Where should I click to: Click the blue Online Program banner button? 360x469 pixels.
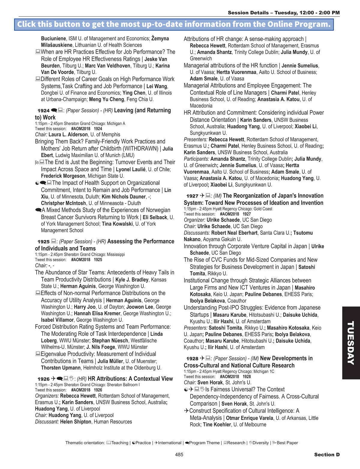[174, 24]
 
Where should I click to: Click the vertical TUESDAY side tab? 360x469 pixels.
[351, 342]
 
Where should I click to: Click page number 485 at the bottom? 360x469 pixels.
[179, 455]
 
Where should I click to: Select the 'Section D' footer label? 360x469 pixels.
[327, 455]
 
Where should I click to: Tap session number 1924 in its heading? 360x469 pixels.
[43, 111]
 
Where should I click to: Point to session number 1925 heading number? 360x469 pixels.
[43, 242]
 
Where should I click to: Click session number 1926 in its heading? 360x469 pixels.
[43, 379]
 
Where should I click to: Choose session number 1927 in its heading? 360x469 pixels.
[192, 196]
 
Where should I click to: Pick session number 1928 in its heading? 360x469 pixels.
[192, 359]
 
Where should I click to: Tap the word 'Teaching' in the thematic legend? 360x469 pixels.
[120, 443]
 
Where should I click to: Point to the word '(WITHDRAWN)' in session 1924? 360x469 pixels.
[141, 148]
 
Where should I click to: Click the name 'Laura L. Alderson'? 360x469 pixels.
[68, 135]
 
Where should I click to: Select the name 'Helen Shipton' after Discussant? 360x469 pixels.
[76, 422]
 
